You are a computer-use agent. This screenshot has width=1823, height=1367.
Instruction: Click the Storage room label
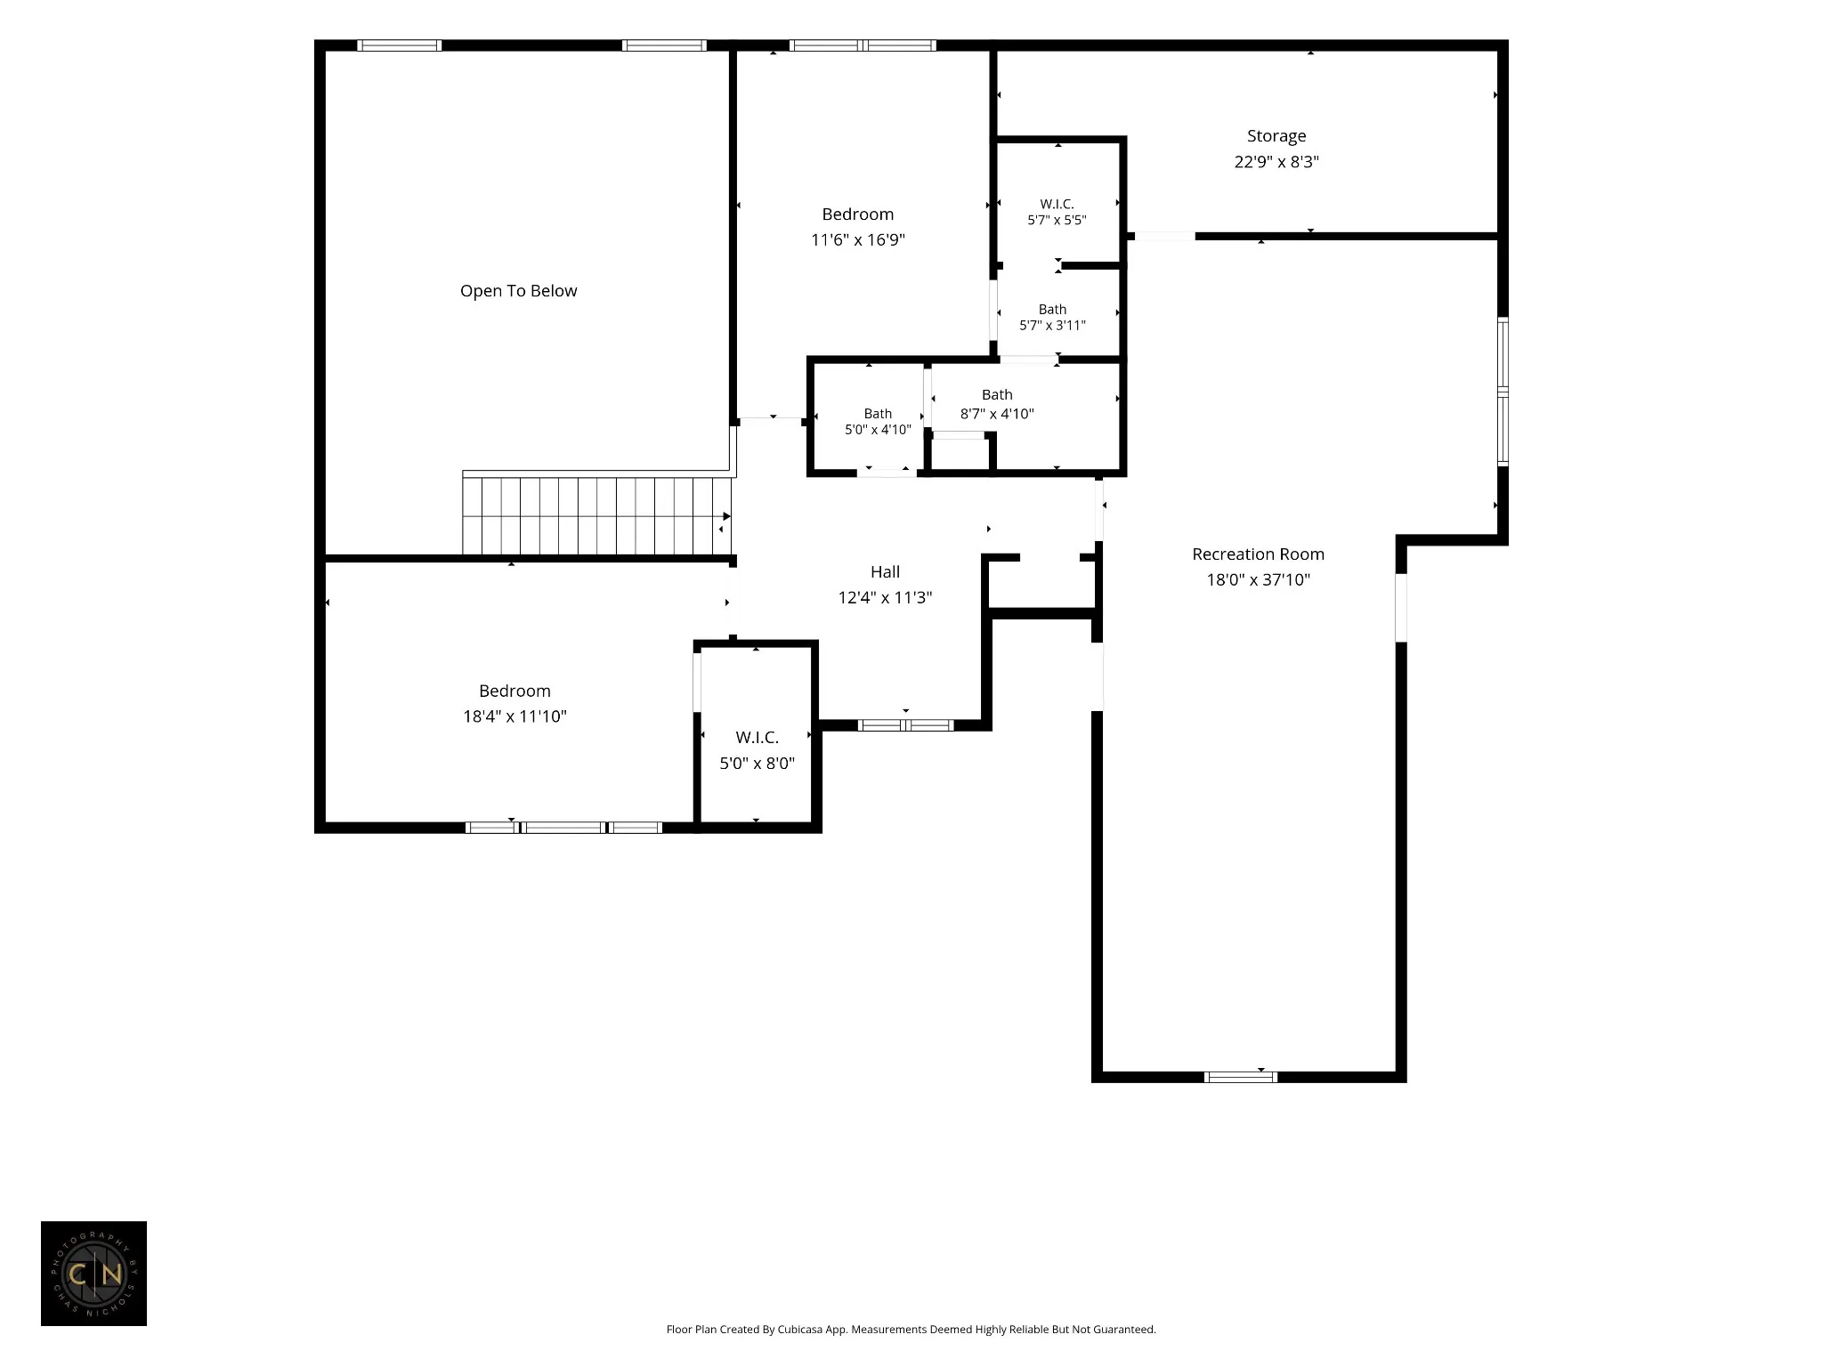click(x=1276, y=136)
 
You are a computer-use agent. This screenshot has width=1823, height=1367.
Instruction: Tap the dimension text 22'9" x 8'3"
click(x=1276, y=162)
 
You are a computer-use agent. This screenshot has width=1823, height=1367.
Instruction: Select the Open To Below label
click(x=518, y=291)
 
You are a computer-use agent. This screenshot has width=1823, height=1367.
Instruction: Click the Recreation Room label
click(x=1258, y=554)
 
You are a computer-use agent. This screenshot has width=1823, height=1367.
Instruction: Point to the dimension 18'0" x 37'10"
click(x=1258, y=580)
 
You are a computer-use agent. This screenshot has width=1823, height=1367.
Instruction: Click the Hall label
click(x=885, y=572)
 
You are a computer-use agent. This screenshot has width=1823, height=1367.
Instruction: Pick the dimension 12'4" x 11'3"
click(x=885, y=598)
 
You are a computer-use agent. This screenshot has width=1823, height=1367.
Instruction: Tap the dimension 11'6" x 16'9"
click(x=857, y=240)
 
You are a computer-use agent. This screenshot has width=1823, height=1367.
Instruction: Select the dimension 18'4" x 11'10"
click(x=514, y=716)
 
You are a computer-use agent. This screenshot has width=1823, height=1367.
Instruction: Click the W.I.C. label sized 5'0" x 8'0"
click(x=757, y=738)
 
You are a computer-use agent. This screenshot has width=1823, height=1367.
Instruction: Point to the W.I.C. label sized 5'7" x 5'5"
click(x=1057, y=205)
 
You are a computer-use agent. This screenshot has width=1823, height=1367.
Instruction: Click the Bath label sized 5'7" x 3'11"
click(x=1052, y=310)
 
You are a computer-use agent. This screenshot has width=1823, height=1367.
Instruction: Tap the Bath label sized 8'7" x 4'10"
click(x=997, y=395)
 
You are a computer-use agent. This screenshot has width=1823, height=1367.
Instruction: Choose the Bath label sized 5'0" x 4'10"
click(x=878, y=414)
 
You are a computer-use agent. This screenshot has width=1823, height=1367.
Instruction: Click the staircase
click(x=596, y=516)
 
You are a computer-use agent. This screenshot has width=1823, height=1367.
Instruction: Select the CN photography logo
click(x=93, y=1274)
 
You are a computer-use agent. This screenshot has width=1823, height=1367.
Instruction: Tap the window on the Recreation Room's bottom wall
click(x=1240, y=1077)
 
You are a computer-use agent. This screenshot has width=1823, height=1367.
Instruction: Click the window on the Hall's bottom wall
click(x=905, y=725)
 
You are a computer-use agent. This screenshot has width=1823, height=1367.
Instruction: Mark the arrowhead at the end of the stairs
click(x=726, y=516)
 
